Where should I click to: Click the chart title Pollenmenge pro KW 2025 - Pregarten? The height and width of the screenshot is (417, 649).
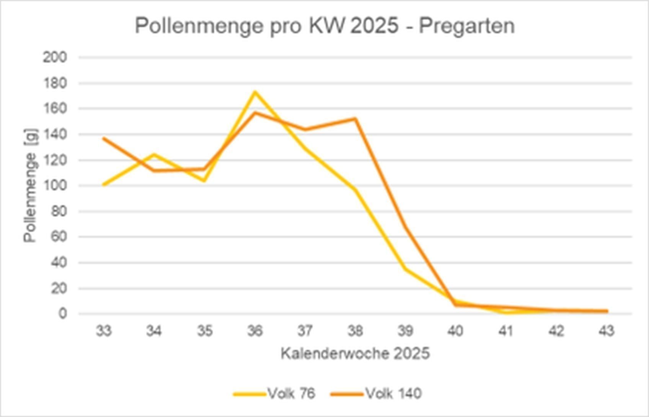(x=324, y=26)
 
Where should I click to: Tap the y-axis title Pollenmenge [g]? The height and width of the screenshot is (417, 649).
(x=31, y=186)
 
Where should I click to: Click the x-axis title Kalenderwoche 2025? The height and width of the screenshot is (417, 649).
(x=355, y=353)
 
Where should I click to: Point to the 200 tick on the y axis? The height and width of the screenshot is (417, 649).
(x=55, y=57)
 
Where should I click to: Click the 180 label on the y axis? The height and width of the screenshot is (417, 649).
(x=55, y=83)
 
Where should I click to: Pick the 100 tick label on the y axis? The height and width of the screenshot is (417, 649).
(x=55, y=186)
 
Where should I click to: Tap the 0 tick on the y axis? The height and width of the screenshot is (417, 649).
(x=63, y=314)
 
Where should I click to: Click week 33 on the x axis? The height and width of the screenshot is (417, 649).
(x=104, y=330)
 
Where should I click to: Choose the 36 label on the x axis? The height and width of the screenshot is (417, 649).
(x=255, y=330)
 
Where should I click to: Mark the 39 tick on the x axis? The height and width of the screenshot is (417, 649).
(x=405, y=330)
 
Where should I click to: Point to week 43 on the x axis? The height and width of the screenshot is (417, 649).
(x=606, y=330)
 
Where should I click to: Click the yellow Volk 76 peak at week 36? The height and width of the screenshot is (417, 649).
(x=255, y=92)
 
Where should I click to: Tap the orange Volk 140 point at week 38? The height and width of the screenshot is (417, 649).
(x=355, y=119)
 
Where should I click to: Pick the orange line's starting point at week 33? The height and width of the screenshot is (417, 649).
(x=104, y=138)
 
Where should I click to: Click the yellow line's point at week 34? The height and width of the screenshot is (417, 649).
(x=154, y=154)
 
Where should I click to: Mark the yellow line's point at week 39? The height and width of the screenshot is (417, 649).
(x=405, y=269)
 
